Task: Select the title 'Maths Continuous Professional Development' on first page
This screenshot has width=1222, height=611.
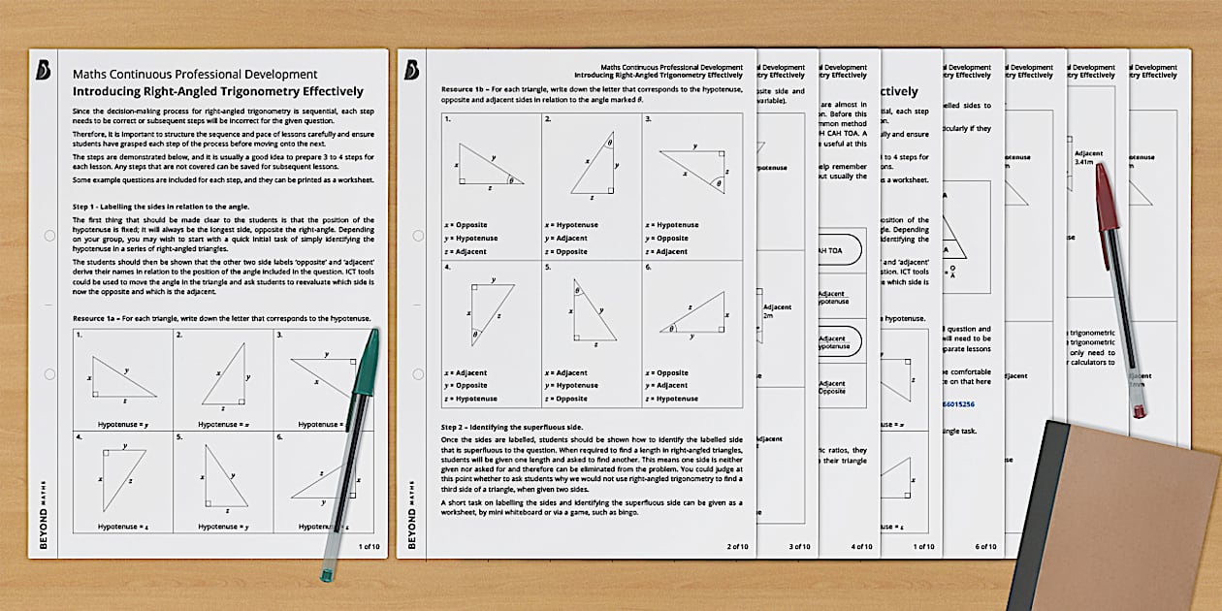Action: coord(195,74)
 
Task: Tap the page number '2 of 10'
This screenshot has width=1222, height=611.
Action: coord(738,546)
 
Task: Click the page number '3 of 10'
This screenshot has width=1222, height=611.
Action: coord(800,546)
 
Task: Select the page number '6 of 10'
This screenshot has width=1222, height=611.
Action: coord(985,546)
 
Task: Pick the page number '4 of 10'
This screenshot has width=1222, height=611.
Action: coord(861,546)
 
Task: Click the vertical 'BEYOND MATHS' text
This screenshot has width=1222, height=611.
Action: coord(43,513)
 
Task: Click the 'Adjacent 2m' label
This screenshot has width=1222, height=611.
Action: coord(776,311)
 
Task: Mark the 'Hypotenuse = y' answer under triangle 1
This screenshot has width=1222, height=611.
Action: coord(122,424)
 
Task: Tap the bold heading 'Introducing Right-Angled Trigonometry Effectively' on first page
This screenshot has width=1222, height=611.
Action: coord(218,92)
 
